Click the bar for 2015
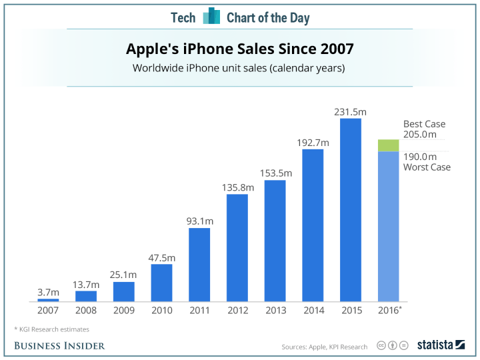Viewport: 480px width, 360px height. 351,210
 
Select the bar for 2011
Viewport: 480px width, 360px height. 199,265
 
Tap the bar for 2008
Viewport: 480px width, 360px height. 86,296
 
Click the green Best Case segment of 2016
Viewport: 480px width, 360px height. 388,145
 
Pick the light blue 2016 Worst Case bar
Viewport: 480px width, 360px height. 388,227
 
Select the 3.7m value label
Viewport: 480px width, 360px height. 48,292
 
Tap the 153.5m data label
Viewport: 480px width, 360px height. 275,173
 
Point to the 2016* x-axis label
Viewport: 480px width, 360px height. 389,311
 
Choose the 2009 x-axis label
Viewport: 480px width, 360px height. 123,311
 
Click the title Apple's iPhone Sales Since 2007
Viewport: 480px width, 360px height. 240,49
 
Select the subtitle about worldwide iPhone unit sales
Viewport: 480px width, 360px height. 240,68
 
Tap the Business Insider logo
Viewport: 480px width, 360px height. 60,345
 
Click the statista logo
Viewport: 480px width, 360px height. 441,345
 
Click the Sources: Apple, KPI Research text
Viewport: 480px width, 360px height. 324,347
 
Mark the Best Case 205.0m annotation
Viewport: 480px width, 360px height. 424,129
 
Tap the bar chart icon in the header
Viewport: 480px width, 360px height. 211,16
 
